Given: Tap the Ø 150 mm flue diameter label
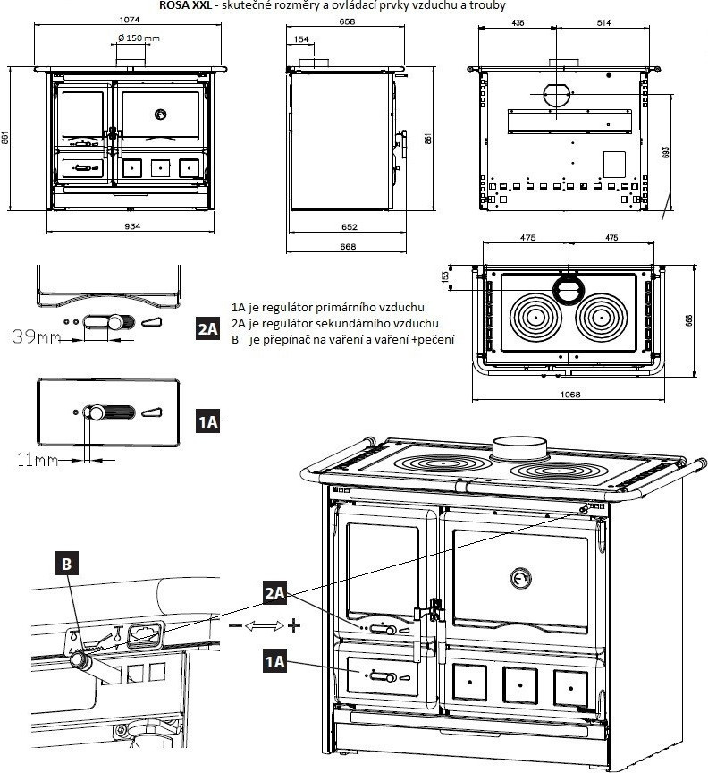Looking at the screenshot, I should click(x=139, y=38).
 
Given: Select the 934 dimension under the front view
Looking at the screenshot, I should click(x=131, y=225).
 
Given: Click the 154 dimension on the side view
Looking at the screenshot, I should click(x=301, y=39).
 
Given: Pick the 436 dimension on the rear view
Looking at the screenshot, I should click(x=518, y=23).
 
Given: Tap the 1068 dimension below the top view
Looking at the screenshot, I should click(x=569, y=394).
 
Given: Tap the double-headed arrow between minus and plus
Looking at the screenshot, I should click(x=264, y=624).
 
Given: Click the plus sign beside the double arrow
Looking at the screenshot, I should click(x=293, y=624).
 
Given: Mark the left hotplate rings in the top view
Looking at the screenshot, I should click(x=535, y=317).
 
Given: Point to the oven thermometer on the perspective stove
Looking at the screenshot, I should click(x=519, y=577).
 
